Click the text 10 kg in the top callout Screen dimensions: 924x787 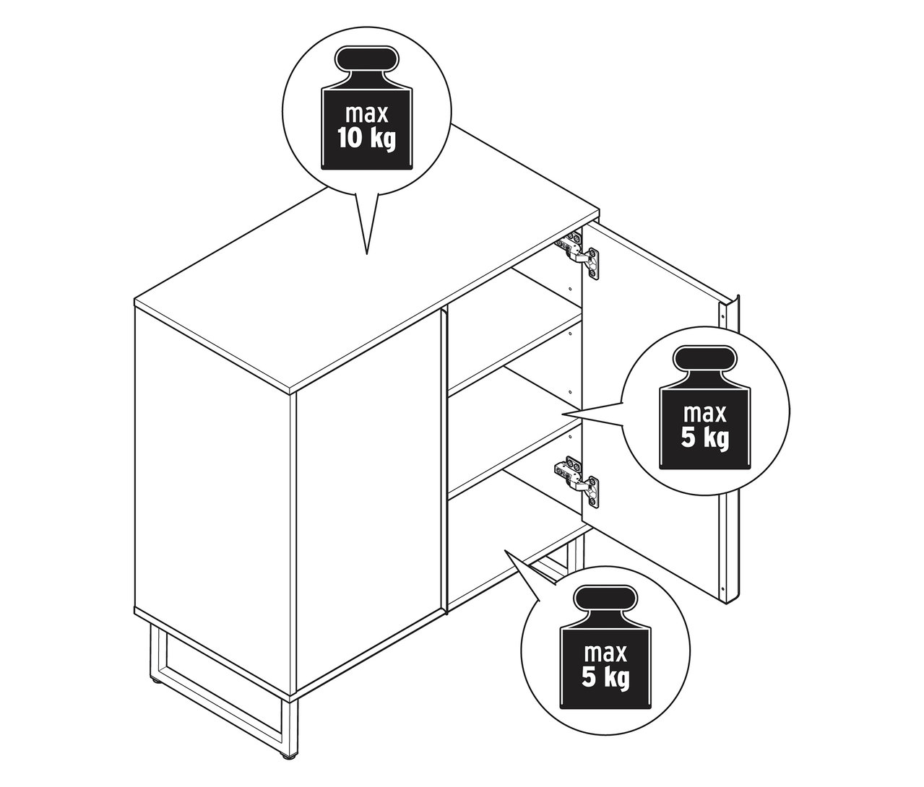(366, 138)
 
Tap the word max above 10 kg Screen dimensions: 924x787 (366, 114)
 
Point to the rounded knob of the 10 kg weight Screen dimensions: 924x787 (366, 58)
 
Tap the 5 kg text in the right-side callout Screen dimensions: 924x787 (705, 439)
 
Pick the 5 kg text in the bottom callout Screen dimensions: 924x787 (605, 677)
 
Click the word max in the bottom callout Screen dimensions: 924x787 (605, 653)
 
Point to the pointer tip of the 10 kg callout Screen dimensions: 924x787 (366, 253)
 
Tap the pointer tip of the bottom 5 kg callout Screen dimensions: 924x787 (506, 550)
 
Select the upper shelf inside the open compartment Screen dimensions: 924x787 (514, 353)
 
